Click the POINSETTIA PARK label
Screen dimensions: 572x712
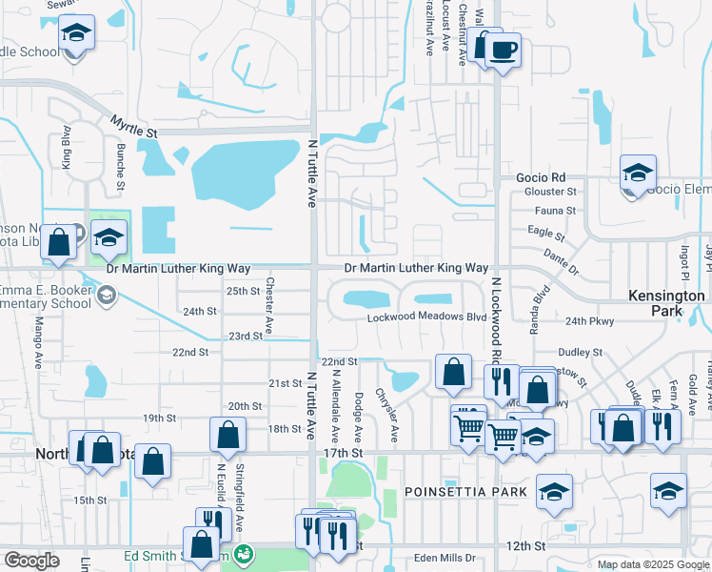[x=465, y=492]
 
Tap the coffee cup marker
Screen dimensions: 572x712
[x=504, y=50]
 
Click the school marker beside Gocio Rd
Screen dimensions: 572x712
[x=638, y=174]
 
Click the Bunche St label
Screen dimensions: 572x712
[x=121, y=163]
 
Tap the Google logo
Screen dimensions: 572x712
[x=31, y=561]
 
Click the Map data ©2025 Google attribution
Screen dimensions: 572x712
[x=653, y=564]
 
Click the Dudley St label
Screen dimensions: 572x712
[x=581, y=352]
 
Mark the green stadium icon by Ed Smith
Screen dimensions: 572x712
[x=244, y=553]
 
